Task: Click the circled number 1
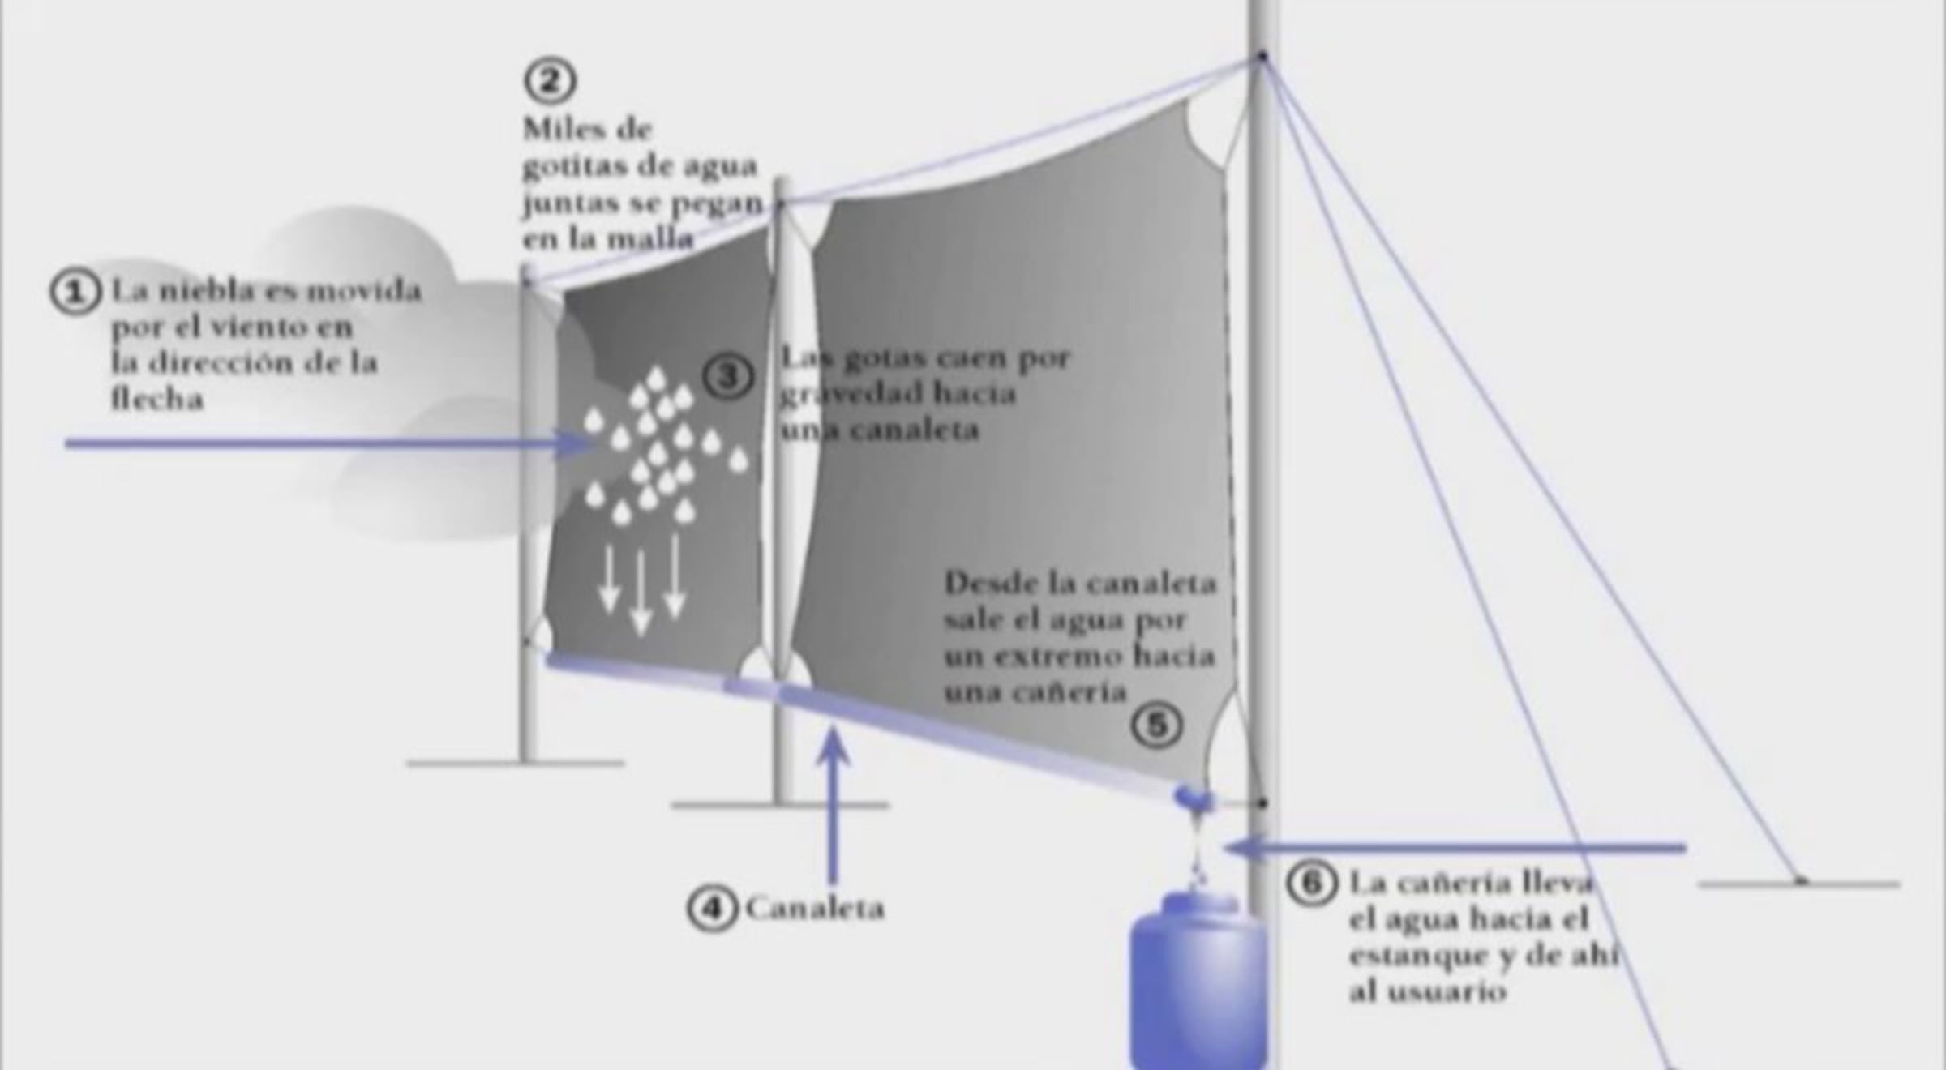point(75,291)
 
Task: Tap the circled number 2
point(550,80)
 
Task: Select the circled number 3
point(728,376)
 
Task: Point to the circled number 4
point(712,908)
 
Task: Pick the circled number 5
point(1156,724)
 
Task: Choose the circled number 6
point(1311,883)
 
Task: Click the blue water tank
point(1198,981)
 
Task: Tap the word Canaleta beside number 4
point(815,909)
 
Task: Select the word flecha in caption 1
point(156,398)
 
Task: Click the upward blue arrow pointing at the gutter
point(832,805)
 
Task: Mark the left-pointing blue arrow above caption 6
point(1455,848)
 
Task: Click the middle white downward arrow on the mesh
point(641,593)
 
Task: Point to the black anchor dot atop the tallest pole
point(1262,56)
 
